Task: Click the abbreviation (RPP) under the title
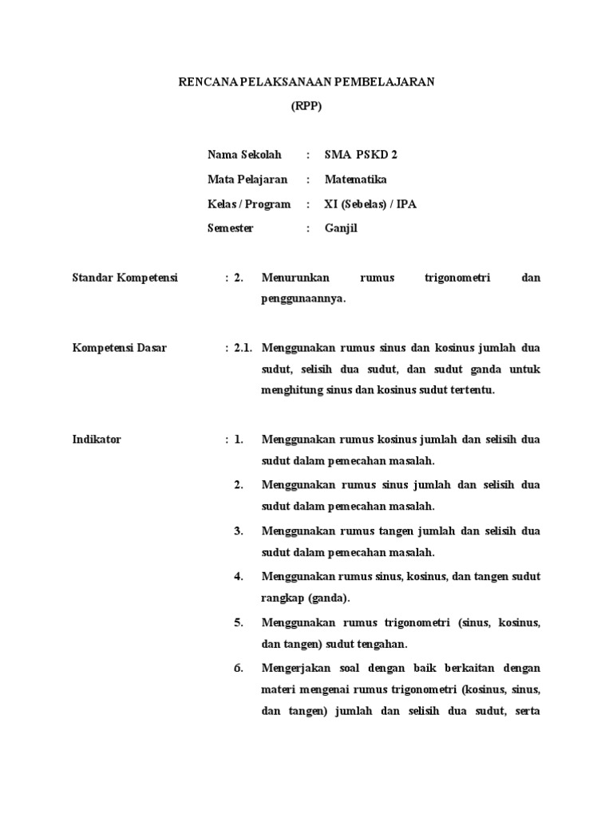click(306, 108)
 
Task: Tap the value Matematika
click(355, 180)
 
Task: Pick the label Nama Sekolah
click(244, 155)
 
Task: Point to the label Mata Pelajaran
click(247, 180)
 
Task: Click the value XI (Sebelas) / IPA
click(370, 204)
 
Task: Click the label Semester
click(231, 228)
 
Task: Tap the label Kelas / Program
click(249, 204)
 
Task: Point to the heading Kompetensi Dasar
click(120, 348)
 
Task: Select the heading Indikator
click(97, 440)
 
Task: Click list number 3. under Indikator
click(238, 531)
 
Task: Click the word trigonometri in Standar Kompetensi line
click(455, 278)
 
